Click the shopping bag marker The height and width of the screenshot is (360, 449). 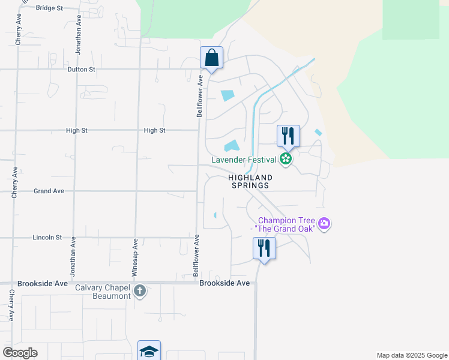tap(211, 58)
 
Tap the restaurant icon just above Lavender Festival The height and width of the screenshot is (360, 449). tap(288, 136)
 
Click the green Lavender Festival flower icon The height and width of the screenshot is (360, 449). tap(286, 159)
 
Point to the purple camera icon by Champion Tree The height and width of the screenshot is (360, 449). tap(325, 224)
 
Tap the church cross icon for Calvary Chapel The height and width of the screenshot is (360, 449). tap(140, 292)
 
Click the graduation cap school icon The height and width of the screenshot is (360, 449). tap(149, 351)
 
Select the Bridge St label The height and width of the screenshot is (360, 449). tap(49, 8)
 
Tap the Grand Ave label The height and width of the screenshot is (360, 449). tap(49, 191)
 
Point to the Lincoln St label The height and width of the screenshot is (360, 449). tap(47, 238)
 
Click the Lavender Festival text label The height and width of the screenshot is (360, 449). tap(244, 160)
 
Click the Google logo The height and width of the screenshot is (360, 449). tap(20, 352)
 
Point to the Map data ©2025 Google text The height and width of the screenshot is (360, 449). tap(411, 355)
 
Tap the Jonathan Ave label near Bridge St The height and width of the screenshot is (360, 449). tap(79, 37)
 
